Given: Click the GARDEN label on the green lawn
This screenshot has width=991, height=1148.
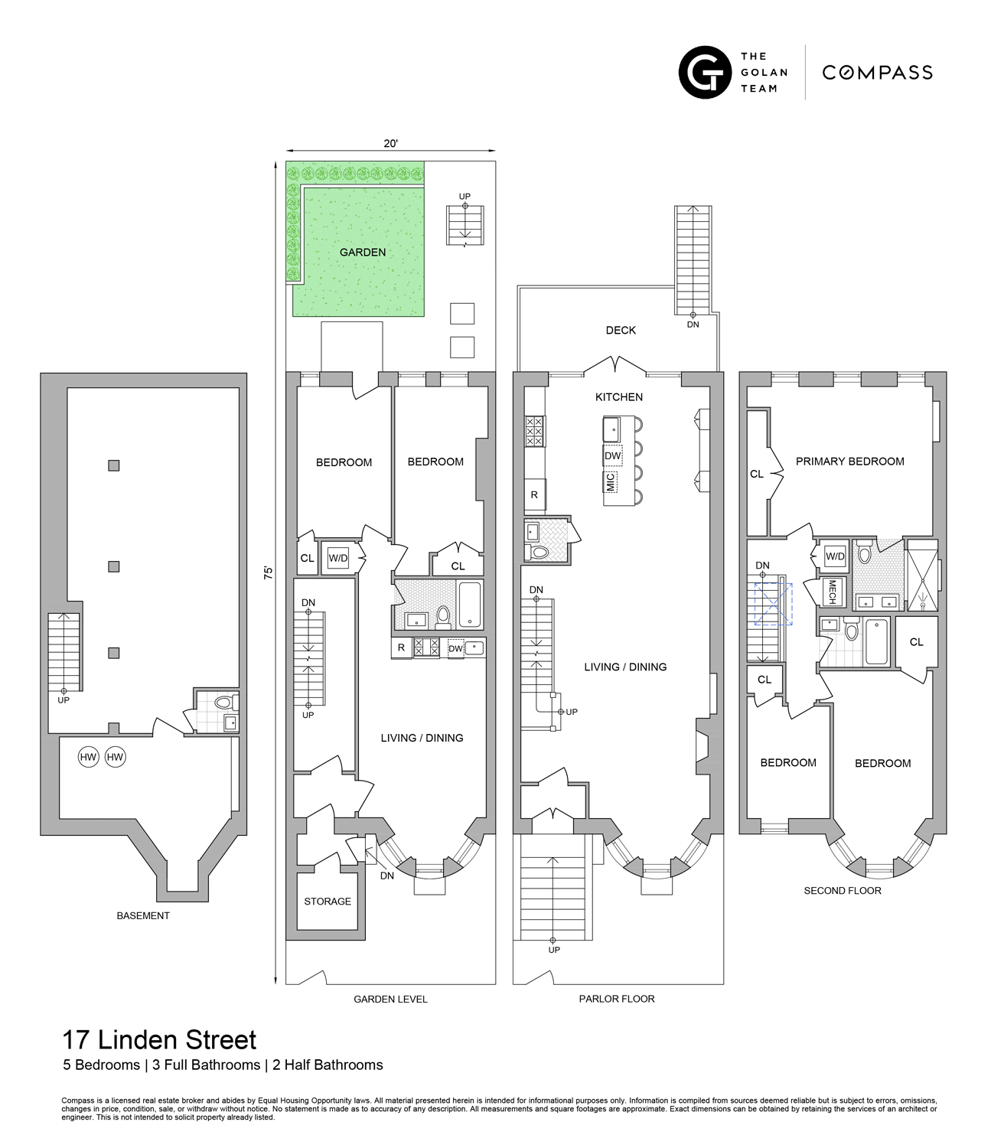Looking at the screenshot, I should [x=363, y=252].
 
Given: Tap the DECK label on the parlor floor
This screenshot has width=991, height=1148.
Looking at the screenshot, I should [x=621, y=330].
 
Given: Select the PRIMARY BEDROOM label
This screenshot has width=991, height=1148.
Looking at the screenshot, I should [x=849, y=461].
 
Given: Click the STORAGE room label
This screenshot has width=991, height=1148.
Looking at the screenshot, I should [x=328, y=901].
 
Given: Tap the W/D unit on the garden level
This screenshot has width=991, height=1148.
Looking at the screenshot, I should [x=338, y=558].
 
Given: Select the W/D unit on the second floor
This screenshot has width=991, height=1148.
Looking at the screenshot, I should [x=834, y=556].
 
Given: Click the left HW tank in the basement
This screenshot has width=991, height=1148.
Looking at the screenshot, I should [x=89, y=758].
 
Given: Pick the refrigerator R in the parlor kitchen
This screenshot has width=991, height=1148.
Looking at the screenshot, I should [x=534, y=495].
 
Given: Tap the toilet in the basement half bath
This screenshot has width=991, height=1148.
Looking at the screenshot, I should [x=223, y=701].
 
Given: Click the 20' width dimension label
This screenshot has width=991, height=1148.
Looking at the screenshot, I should [x=391, y=143].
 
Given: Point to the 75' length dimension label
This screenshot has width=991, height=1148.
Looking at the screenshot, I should [x=269, y=573].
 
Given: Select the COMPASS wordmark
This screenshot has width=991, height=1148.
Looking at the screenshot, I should [x=877, y=73].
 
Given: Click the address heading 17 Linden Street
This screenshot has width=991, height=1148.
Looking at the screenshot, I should [x=159, y=1040].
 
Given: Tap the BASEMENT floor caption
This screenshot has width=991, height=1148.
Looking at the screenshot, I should [x=143, y=915].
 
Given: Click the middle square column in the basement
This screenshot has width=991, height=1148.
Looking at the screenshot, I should [x=114, y=566].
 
